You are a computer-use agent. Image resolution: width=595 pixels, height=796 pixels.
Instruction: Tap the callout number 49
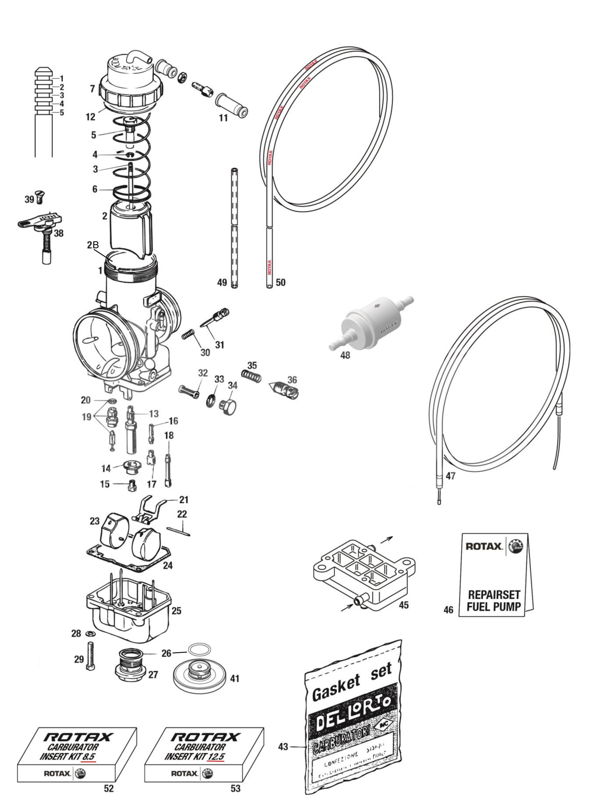(x=222, y=283)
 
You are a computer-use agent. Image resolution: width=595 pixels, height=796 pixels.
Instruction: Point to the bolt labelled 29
(x=90, y=656)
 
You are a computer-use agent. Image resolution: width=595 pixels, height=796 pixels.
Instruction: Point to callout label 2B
(x=93, y=245)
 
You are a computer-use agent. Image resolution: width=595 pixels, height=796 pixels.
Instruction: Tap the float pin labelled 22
(x=179, y=531)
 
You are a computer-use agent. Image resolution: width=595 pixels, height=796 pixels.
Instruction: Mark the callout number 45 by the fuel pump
(x=404, y=605)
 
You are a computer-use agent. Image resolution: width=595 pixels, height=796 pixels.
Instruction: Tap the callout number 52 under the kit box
(x=109, y=788)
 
